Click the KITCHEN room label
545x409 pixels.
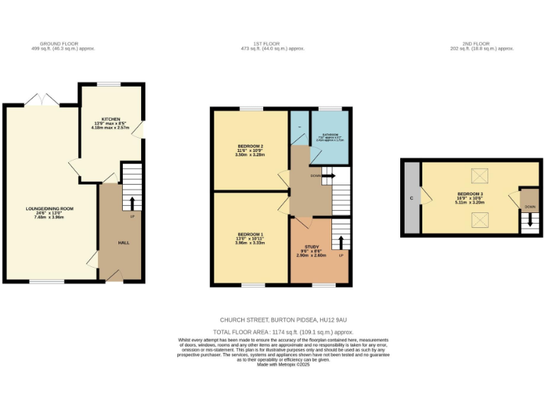[111, 119]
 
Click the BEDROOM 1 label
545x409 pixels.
[251, 234]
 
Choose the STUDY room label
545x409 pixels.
[313, 246]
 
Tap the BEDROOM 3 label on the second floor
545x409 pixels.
[469, 194]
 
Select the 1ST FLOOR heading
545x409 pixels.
[272, 44]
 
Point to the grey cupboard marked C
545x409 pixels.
[412, 197]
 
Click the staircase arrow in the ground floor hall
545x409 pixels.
[132, 202]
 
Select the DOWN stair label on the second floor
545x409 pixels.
[530, 207]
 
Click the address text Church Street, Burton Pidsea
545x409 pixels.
[272, 320]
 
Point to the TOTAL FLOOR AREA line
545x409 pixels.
[272, 332]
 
